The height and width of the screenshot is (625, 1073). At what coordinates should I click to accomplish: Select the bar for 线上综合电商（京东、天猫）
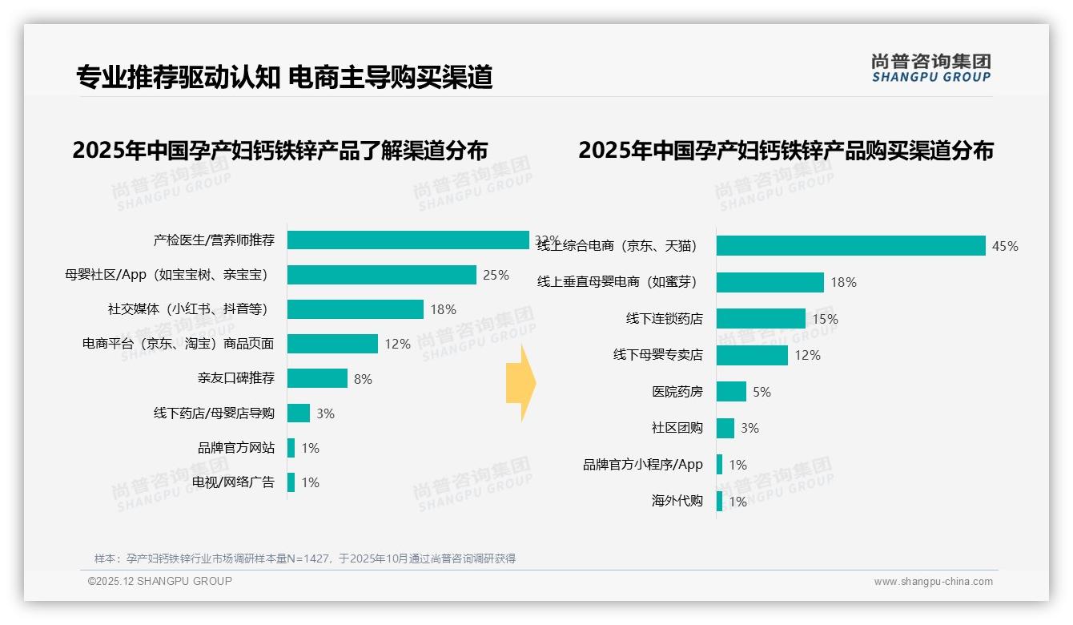[x=850, y=246]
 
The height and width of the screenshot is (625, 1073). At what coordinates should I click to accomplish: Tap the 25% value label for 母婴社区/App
[x=496, y=275]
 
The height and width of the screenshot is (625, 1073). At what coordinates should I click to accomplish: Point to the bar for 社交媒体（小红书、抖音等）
[x=355, y=309]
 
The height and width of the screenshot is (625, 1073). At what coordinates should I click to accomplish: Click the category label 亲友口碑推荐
[x=236, y=378]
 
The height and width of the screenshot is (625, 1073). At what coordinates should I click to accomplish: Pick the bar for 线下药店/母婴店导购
[x=299, y=413]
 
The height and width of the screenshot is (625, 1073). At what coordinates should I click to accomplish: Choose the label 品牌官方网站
[x=236, y=448]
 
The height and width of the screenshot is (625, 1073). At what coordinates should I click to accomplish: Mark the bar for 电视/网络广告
[x=291, y=482]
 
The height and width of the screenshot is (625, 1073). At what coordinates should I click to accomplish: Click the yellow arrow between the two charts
[x=521, y=384]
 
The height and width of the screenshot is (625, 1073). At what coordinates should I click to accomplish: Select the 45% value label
[x=1005, y=246]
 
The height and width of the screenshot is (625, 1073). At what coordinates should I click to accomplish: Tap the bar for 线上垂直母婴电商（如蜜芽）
[x=770, y=282]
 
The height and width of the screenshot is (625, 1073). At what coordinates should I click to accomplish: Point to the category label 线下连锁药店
[x=664, y=319]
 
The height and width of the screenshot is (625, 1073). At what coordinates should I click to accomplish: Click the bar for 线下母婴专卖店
[x=752, y=355]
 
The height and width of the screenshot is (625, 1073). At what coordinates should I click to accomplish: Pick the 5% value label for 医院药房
[x=762, y=392]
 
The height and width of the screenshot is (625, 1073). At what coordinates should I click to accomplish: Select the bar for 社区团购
[x=725, y=428]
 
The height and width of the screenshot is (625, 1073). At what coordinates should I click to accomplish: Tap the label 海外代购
[x=677, y=502]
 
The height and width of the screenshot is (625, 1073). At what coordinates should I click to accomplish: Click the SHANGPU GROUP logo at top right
[x=931, y=68]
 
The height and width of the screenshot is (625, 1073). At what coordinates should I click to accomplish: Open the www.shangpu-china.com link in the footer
[x=933, y=582]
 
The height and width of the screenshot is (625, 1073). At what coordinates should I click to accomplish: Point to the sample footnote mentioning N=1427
[x=305, y=558]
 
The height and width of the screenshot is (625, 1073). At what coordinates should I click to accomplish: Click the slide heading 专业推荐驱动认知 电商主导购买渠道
[x=284, y=77]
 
